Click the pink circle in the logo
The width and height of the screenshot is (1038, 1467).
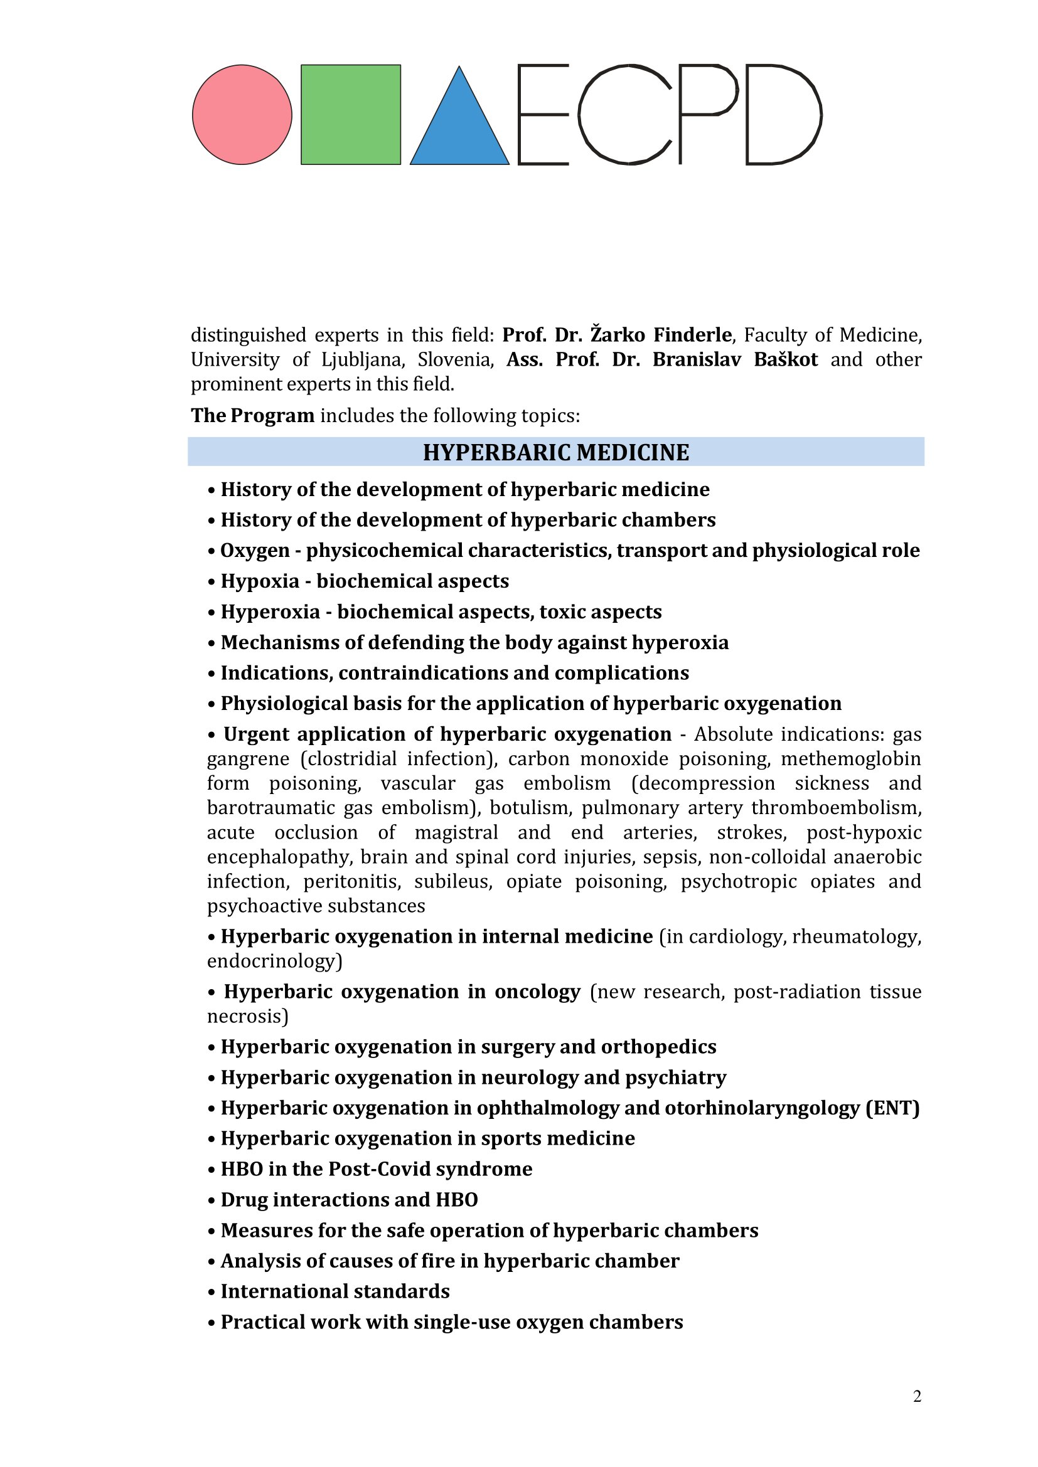(242, 115)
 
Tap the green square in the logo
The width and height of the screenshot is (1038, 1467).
(350, 115)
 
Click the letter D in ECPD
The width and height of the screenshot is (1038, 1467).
(783, 115)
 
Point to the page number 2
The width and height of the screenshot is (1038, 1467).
(918, 1397)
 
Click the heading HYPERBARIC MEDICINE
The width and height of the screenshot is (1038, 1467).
(555, 452)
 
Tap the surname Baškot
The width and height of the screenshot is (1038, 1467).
(786, 360)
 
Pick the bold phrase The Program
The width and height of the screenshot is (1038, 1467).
(252, 416)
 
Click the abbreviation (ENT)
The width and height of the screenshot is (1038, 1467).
(892, 1108)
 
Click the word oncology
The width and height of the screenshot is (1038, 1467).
(537, 992)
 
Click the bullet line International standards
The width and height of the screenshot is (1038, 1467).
(335, 1292)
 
